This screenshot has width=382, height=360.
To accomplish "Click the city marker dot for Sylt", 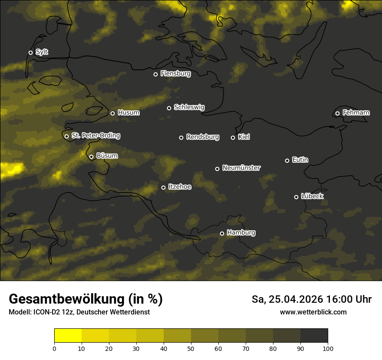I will click(x=30, y=52).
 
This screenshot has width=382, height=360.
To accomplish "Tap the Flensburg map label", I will click(x=175, y=74).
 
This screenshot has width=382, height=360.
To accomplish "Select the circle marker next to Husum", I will click(x=112, y=113).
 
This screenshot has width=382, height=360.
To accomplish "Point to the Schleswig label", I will click(x=189, y=107).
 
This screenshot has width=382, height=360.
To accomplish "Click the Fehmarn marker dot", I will click(x=337, y=113).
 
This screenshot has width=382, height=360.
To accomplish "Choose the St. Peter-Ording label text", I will click(x=95, y=136).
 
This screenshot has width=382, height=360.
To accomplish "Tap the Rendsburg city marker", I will click(x=181, y=137).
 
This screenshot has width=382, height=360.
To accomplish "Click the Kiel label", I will click(x=244, y=137).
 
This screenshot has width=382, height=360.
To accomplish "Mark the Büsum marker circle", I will click(x=91, y=157).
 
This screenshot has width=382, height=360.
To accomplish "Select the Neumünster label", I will click(x=241, y=168).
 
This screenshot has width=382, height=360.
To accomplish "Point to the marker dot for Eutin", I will click(x=287, y=160).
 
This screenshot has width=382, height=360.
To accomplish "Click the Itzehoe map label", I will click(x=179, y=187).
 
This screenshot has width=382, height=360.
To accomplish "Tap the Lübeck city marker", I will click(x=296, y=197).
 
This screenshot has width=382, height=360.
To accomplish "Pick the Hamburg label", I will click(x=241, y=233).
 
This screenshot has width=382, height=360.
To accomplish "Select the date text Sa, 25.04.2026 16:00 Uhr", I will click(x=311, y=299).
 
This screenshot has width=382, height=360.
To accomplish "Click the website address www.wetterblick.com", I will click(x=313, y=312).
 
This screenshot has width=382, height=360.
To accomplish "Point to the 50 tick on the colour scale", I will click(x=191, y=348).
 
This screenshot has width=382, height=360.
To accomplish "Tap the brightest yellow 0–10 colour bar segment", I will click(x=68, y=335).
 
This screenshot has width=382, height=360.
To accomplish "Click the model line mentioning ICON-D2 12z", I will click(x=79, y=312).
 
